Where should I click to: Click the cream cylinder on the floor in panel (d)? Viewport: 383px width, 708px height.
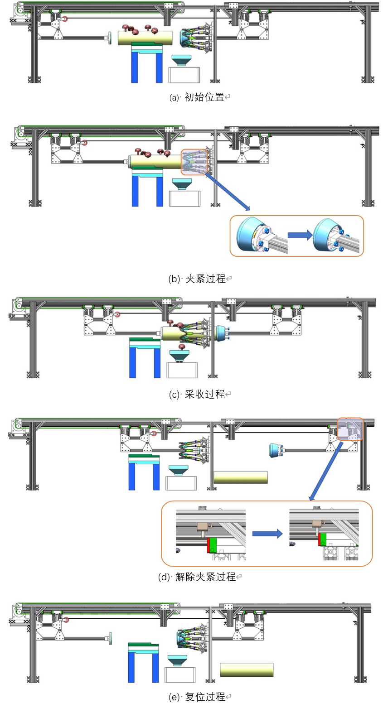click(x=240, y=477)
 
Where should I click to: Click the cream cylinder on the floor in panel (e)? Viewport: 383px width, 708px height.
click(x=247, y=669)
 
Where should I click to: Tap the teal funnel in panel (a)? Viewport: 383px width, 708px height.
click(x=182, y=60)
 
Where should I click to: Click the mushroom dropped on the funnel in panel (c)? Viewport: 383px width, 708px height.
click(x=182, y=347)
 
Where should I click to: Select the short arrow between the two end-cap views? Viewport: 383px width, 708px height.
click(x=300, y=235)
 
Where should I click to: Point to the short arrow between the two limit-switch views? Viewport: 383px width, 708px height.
click(x=267, y=534)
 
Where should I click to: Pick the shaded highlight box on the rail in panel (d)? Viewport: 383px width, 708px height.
click(x=350, y=429)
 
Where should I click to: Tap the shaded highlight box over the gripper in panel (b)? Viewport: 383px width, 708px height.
click(x=195, y=162)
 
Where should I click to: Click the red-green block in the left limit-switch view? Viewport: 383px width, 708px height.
click(x=212, y=545)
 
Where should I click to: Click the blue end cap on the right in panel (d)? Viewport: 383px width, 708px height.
click(x=275, y=450)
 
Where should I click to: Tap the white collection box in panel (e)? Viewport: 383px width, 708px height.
click(x=180, y=674)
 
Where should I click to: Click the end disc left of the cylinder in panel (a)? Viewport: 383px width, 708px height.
click(x=110, y=39)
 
